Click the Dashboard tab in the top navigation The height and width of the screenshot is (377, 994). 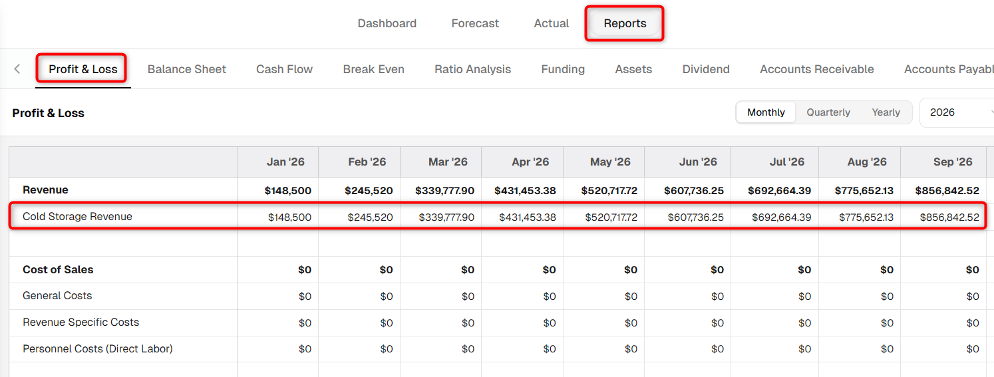click(387, 23)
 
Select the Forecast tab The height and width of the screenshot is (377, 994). click(475, 23)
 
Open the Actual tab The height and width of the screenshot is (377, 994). click(551, 23)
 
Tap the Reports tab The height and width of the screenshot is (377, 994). click(625, 23)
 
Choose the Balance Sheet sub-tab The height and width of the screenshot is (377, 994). click(187, 69)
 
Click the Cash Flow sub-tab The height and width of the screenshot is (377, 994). click(285, 69)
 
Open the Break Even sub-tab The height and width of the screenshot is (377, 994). click(374, 69)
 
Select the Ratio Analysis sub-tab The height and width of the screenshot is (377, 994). click(472, 69)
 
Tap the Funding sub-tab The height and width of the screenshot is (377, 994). click(563, 69)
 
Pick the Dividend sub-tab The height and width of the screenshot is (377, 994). click(706, 69)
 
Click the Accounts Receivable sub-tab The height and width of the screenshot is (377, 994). click(817, 69)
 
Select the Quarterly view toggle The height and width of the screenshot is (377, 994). click(828, 112)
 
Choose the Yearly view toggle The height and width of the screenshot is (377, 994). click(886, 112)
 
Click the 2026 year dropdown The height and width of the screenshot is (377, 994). click(957, 112)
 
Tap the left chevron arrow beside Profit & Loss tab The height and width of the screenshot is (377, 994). click(17, 68)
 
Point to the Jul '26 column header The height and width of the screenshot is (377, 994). click(787, 162)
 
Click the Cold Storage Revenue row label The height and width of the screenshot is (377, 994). click(77, 217)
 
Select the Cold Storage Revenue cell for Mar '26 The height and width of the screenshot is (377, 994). click(446, 217)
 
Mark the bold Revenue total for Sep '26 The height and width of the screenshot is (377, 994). click(947, 190)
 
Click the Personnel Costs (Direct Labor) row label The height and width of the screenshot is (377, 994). click(98, 348)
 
